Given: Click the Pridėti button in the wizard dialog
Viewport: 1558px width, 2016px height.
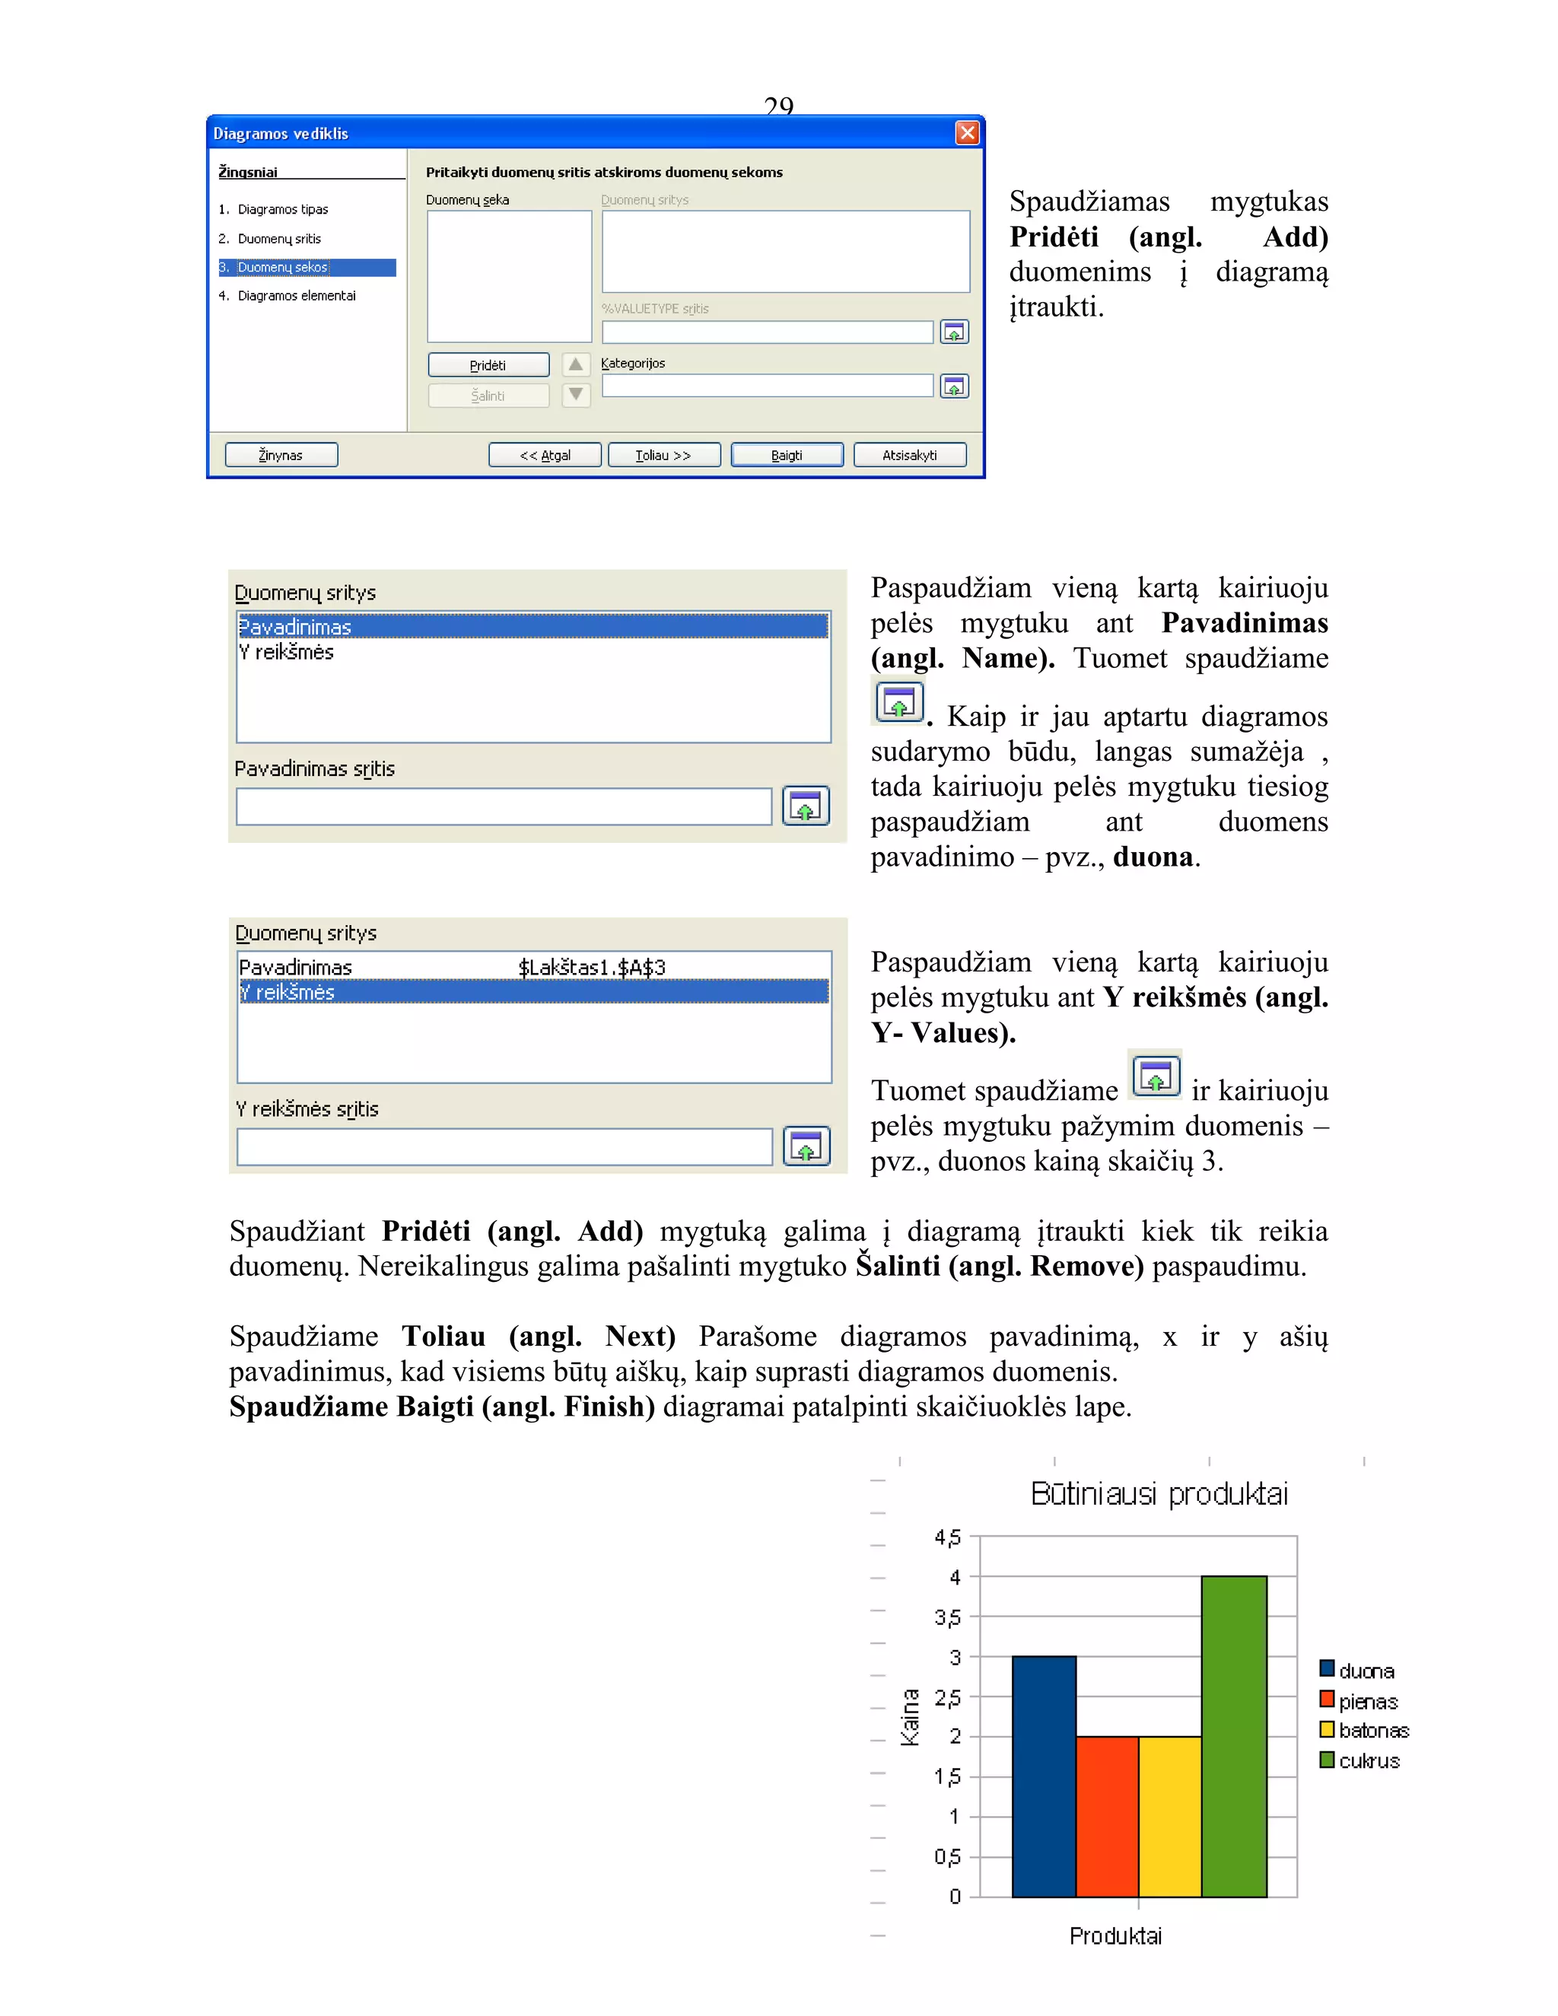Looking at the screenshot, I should pos(488,365).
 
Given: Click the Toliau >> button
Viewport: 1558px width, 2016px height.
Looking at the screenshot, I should pos(663,455).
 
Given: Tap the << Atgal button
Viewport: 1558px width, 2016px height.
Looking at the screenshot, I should pos(545,455).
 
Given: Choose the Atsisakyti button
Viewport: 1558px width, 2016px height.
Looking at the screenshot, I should pos(909,455).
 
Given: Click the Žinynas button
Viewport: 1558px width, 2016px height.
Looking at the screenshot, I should pos(281,455).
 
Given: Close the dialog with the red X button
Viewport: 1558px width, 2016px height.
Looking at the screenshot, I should pos(966,133).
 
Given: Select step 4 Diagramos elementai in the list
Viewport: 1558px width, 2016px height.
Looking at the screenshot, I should pos(295,296).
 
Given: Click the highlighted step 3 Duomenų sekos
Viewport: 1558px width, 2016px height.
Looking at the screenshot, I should pos(282,268).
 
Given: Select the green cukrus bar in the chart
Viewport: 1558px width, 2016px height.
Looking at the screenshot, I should pos(1233,1735).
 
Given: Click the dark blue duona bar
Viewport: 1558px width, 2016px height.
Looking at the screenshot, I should pos(1044,1777).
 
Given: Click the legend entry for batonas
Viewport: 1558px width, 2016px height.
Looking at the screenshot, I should pos(1372,1731).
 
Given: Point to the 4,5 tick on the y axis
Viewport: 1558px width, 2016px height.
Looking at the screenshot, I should pos(948,1537).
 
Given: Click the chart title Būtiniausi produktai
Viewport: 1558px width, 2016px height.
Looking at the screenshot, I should pos(1159,1493).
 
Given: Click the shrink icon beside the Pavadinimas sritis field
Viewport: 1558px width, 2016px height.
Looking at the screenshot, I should pos(806,806).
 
